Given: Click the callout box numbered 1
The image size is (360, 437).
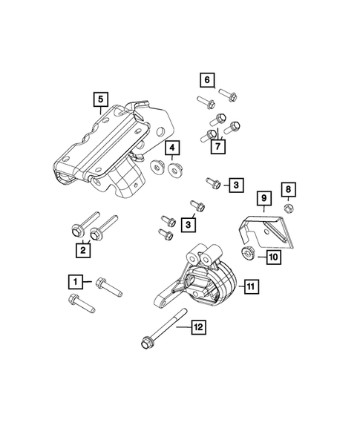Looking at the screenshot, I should click(x=74, y=281).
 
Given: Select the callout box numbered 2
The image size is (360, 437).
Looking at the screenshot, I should click(x=83, y=251).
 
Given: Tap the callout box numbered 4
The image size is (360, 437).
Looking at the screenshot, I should click(x=171, y=149).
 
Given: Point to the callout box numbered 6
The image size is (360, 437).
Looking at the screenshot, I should click(x=206, y=79).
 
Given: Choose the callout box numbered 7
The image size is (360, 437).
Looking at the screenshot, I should click(x=218, y=147).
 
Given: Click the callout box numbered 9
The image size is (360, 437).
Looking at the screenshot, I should click(x=262, y=198).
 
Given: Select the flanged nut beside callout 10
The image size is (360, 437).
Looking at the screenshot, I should click(x=250, y=254).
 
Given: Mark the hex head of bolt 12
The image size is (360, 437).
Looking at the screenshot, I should click(x=146, y=342).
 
